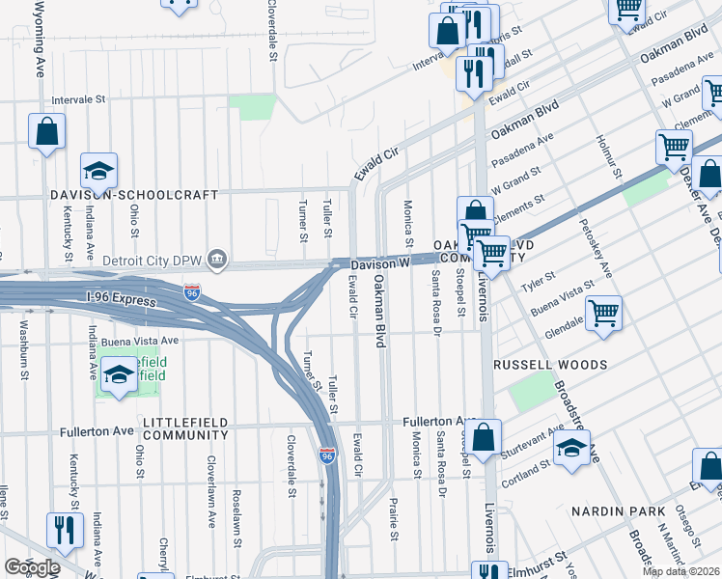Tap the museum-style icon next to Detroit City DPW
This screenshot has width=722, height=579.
(x=219, y=259)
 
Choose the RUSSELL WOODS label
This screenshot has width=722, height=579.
(x=550, y=366)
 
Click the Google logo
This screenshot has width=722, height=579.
(x=31, y=567)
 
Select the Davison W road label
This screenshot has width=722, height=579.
(x=380, y=262)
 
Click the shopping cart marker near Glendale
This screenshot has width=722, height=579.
(x=603, y=313)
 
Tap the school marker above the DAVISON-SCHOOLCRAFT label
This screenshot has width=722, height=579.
(x=98, y=171)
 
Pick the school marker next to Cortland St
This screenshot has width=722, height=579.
(x=571, y=448)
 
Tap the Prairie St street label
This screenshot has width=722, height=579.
(x=394, y=520)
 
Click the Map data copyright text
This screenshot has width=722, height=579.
(x=680, y=571)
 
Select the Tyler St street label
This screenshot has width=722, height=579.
(x=534, y=281)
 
